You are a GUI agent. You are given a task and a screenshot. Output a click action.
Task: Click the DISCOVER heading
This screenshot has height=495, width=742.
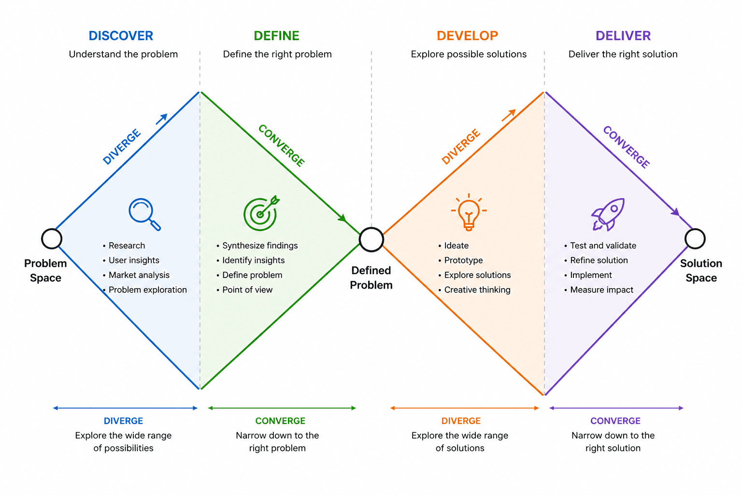click(121, 36)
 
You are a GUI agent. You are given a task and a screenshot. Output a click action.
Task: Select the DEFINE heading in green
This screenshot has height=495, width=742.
click(276, 36)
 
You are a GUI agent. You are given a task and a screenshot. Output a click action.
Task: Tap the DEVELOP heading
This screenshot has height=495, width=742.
click(467, 36)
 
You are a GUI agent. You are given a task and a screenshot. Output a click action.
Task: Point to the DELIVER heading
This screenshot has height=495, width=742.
click(623, 36)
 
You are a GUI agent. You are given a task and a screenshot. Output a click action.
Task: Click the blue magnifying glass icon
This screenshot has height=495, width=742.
click(144, 214)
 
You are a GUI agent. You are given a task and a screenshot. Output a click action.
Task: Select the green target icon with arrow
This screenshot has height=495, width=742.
click(261, 213)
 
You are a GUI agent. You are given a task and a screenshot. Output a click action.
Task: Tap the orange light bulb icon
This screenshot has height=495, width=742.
click(469, 212)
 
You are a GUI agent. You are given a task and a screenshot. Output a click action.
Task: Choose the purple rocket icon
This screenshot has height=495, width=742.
click(608, 214)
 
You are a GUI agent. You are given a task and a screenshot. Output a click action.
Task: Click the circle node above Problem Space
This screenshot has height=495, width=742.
click(52, 239)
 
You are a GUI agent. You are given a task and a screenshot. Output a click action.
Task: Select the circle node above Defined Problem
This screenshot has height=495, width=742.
click(371, 240)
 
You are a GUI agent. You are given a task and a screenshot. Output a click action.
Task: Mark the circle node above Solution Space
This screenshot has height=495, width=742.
click(695, 239)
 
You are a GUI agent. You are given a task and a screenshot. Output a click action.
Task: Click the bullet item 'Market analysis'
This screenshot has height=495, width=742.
click(139, 275)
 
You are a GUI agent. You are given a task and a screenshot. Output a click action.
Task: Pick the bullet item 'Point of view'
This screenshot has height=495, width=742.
click(247, 290)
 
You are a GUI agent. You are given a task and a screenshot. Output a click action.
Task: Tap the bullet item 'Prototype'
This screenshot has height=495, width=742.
click(463, 260)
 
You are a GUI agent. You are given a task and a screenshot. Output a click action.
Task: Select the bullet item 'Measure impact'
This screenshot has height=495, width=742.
click(601, 290)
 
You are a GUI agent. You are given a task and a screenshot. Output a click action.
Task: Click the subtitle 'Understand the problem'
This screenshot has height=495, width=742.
click(123, 54)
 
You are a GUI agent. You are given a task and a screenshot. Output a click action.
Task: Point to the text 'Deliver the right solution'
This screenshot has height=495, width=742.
click(623, 54)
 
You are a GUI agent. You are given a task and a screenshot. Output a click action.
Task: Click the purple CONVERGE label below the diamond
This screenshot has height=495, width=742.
click(615, 421)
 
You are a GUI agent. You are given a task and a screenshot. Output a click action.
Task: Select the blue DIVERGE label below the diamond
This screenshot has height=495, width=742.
click(123, 421)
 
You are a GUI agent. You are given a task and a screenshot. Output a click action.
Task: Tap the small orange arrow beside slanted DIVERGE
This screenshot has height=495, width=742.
click(509, 115)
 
